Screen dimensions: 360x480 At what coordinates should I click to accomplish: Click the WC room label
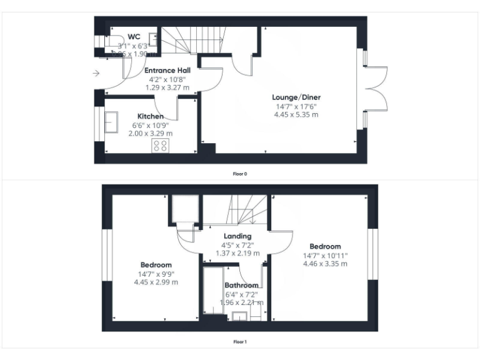(x=133, y=37)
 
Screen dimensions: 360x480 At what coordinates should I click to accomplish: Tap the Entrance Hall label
(x=167, y=71)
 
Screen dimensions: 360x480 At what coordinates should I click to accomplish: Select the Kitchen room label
(x=151, y=116)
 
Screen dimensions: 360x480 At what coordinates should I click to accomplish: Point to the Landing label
(x=238, y=236)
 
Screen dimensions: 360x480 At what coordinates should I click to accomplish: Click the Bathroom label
(x=241, y=286)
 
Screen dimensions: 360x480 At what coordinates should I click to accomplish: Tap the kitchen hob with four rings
(x=160, y=146)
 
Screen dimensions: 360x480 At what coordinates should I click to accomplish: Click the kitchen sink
(x=112, y=122)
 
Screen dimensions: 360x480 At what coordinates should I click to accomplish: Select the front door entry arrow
(x=96, y=74)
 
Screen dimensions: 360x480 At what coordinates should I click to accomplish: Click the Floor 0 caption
(x=240, y=174)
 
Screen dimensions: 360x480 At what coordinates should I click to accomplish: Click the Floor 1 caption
(x=240, y=342)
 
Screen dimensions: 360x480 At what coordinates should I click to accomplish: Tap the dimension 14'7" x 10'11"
(x=325, y=255)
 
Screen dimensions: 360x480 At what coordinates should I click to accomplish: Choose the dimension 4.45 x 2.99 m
(x=156, y=282)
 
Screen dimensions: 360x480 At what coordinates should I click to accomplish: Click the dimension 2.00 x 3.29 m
(x=151, y=133)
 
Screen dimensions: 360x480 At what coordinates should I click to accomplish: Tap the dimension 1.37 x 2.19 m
(x=238, y=253)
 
